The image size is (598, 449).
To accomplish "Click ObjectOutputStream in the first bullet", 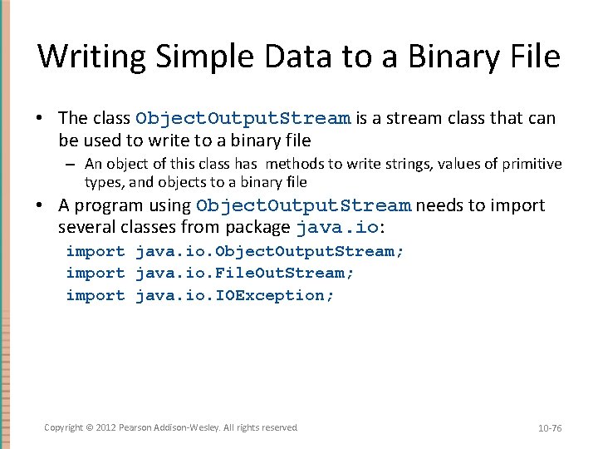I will (243, 118).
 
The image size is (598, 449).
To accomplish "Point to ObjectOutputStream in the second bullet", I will (303, 205).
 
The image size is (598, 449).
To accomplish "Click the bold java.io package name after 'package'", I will (337, 227).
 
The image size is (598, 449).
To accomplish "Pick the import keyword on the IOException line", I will (96, 295).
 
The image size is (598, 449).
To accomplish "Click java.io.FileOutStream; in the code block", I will (244, 273).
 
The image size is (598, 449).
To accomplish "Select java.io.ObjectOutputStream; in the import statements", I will (270, 251).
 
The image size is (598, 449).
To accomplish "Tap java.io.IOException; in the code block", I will (235, 295).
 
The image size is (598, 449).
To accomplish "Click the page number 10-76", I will (550, 428).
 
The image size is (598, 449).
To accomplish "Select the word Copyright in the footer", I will (64, 427).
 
